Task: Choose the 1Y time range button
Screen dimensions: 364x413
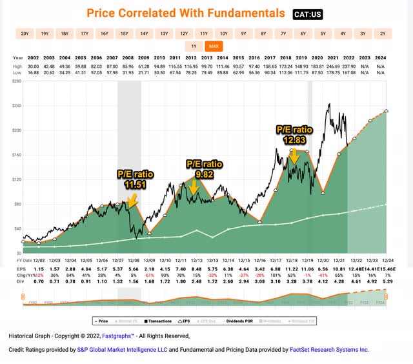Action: pyautogui.click(x=194, y=46)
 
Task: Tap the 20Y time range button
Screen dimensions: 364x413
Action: pyautogui.click(x=25, y=33)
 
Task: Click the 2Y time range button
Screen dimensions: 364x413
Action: pyautogui.click(x=383, y=33)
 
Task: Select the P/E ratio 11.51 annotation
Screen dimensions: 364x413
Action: pyautogui.click(x=134, y=179)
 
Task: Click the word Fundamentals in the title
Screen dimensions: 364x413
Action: pyautogui.click(x=243, y=14)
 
